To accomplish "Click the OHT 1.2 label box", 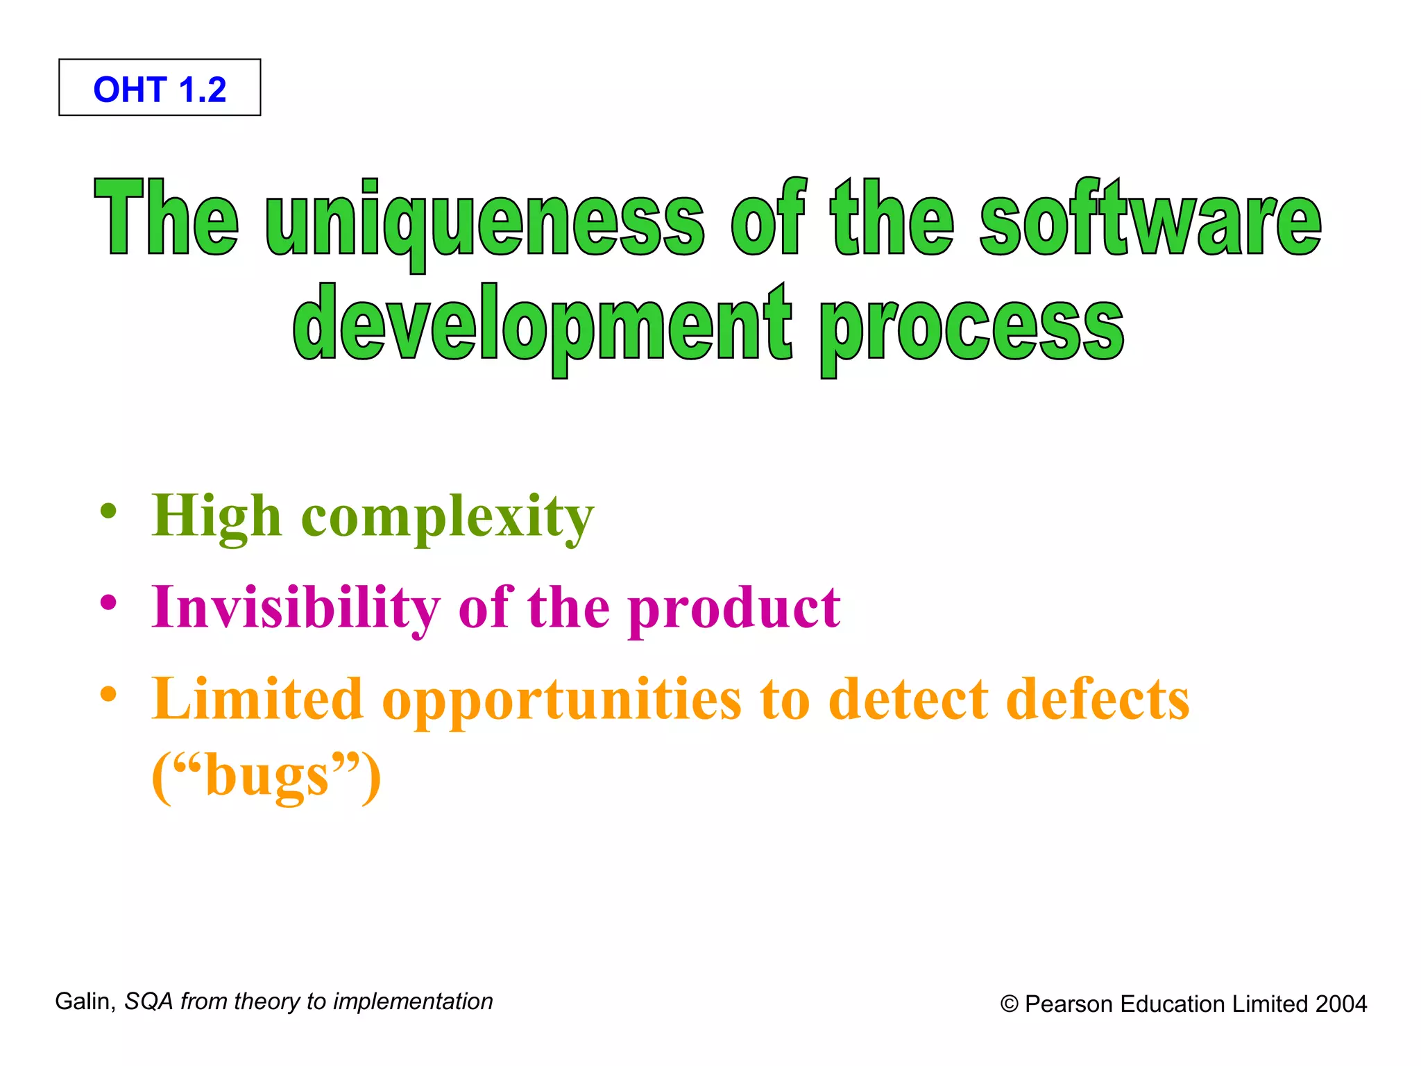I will [160, 88].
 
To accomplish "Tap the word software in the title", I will [1150, 219].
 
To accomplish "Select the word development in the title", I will [542, 325].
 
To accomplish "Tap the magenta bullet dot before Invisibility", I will [108, 602].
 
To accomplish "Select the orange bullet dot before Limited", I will [108, 693].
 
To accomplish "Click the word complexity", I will [448, 517].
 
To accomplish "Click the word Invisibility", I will [296, 607].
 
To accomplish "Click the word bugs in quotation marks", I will [267, 776].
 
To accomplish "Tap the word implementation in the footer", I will [413, 1001].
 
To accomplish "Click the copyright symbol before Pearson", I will [1010, 1004].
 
